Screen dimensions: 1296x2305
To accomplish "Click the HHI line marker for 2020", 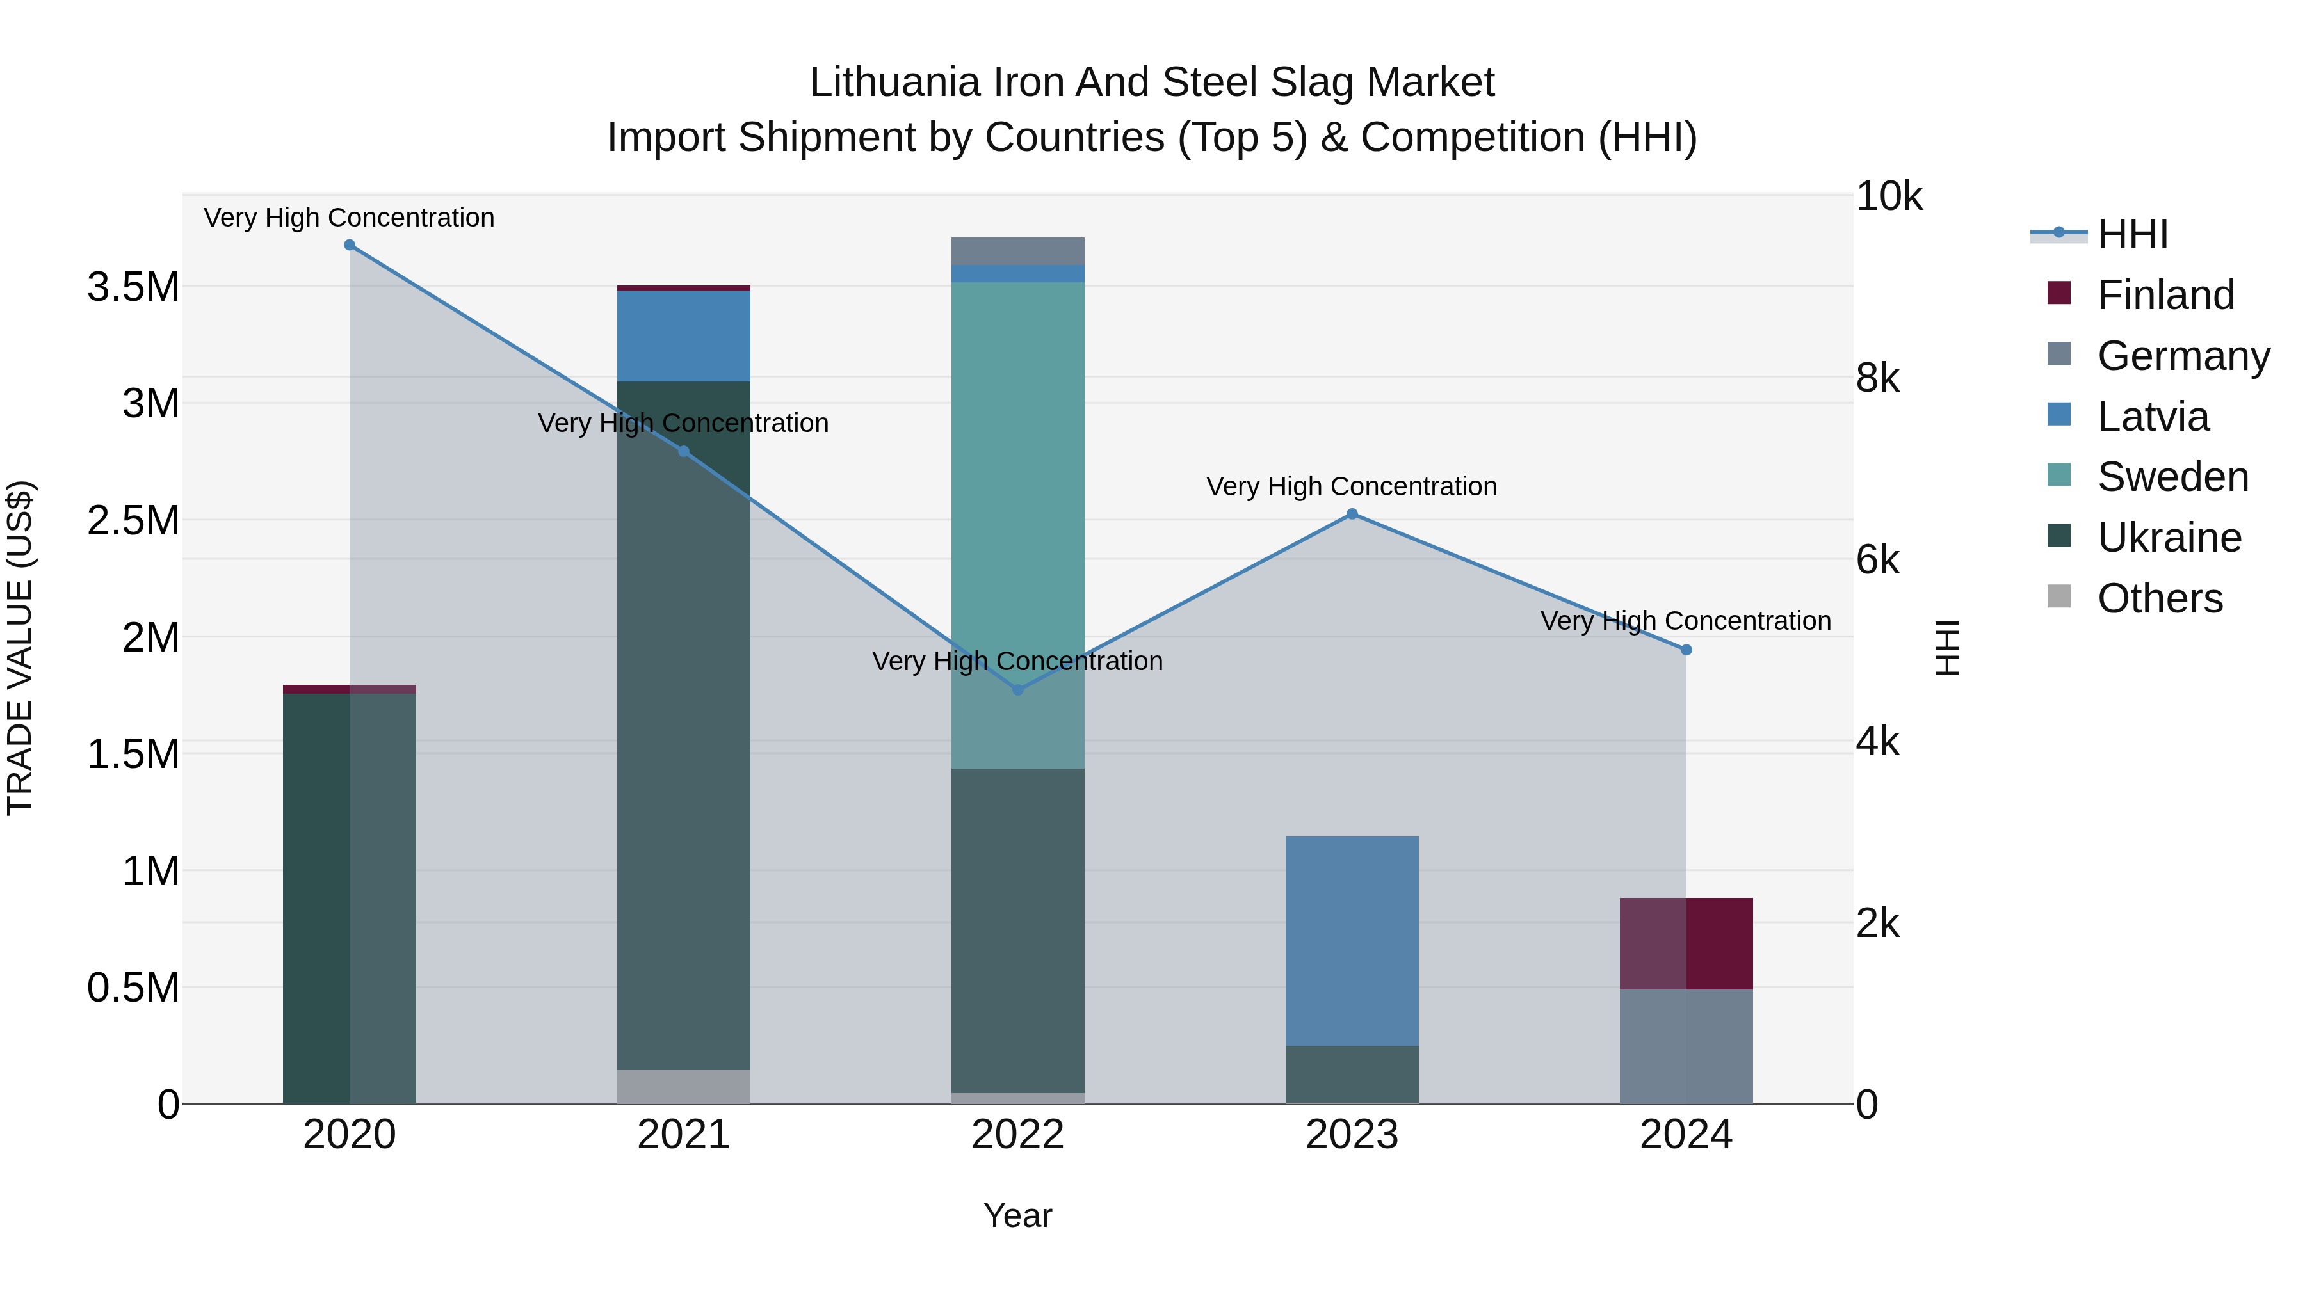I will tap(350, 245).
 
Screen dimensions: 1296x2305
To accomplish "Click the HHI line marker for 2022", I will tap(1017, 689).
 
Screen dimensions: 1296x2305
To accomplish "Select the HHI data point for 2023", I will tap(1352, 515).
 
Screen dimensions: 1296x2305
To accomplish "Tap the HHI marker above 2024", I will tap(1686, 650).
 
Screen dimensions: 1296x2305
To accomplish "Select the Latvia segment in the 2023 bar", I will tap(1352, 939).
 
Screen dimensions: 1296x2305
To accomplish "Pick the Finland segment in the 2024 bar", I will tap(1686, 943).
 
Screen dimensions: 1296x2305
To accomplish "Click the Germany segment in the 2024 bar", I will tap(1686, 1046).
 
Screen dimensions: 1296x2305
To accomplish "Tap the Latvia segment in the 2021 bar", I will tap(684, 335).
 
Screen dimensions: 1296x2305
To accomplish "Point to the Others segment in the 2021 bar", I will tap(684, 1087).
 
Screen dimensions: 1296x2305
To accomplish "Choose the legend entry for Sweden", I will tap(2172, 477).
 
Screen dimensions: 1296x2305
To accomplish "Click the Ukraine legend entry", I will tap(2169, 538).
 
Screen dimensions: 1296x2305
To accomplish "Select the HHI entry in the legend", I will tap(2132, 234).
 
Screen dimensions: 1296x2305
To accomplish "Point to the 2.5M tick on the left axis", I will tap(133, 520).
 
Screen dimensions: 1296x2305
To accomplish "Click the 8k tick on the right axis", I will tap(1877, 378).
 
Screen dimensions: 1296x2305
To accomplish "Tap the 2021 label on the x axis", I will tap(684, 1135).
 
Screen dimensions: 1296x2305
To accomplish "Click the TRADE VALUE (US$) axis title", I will tap(20, 648).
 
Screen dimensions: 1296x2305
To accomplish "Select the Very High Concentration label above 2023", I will tap(1351, 486).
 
